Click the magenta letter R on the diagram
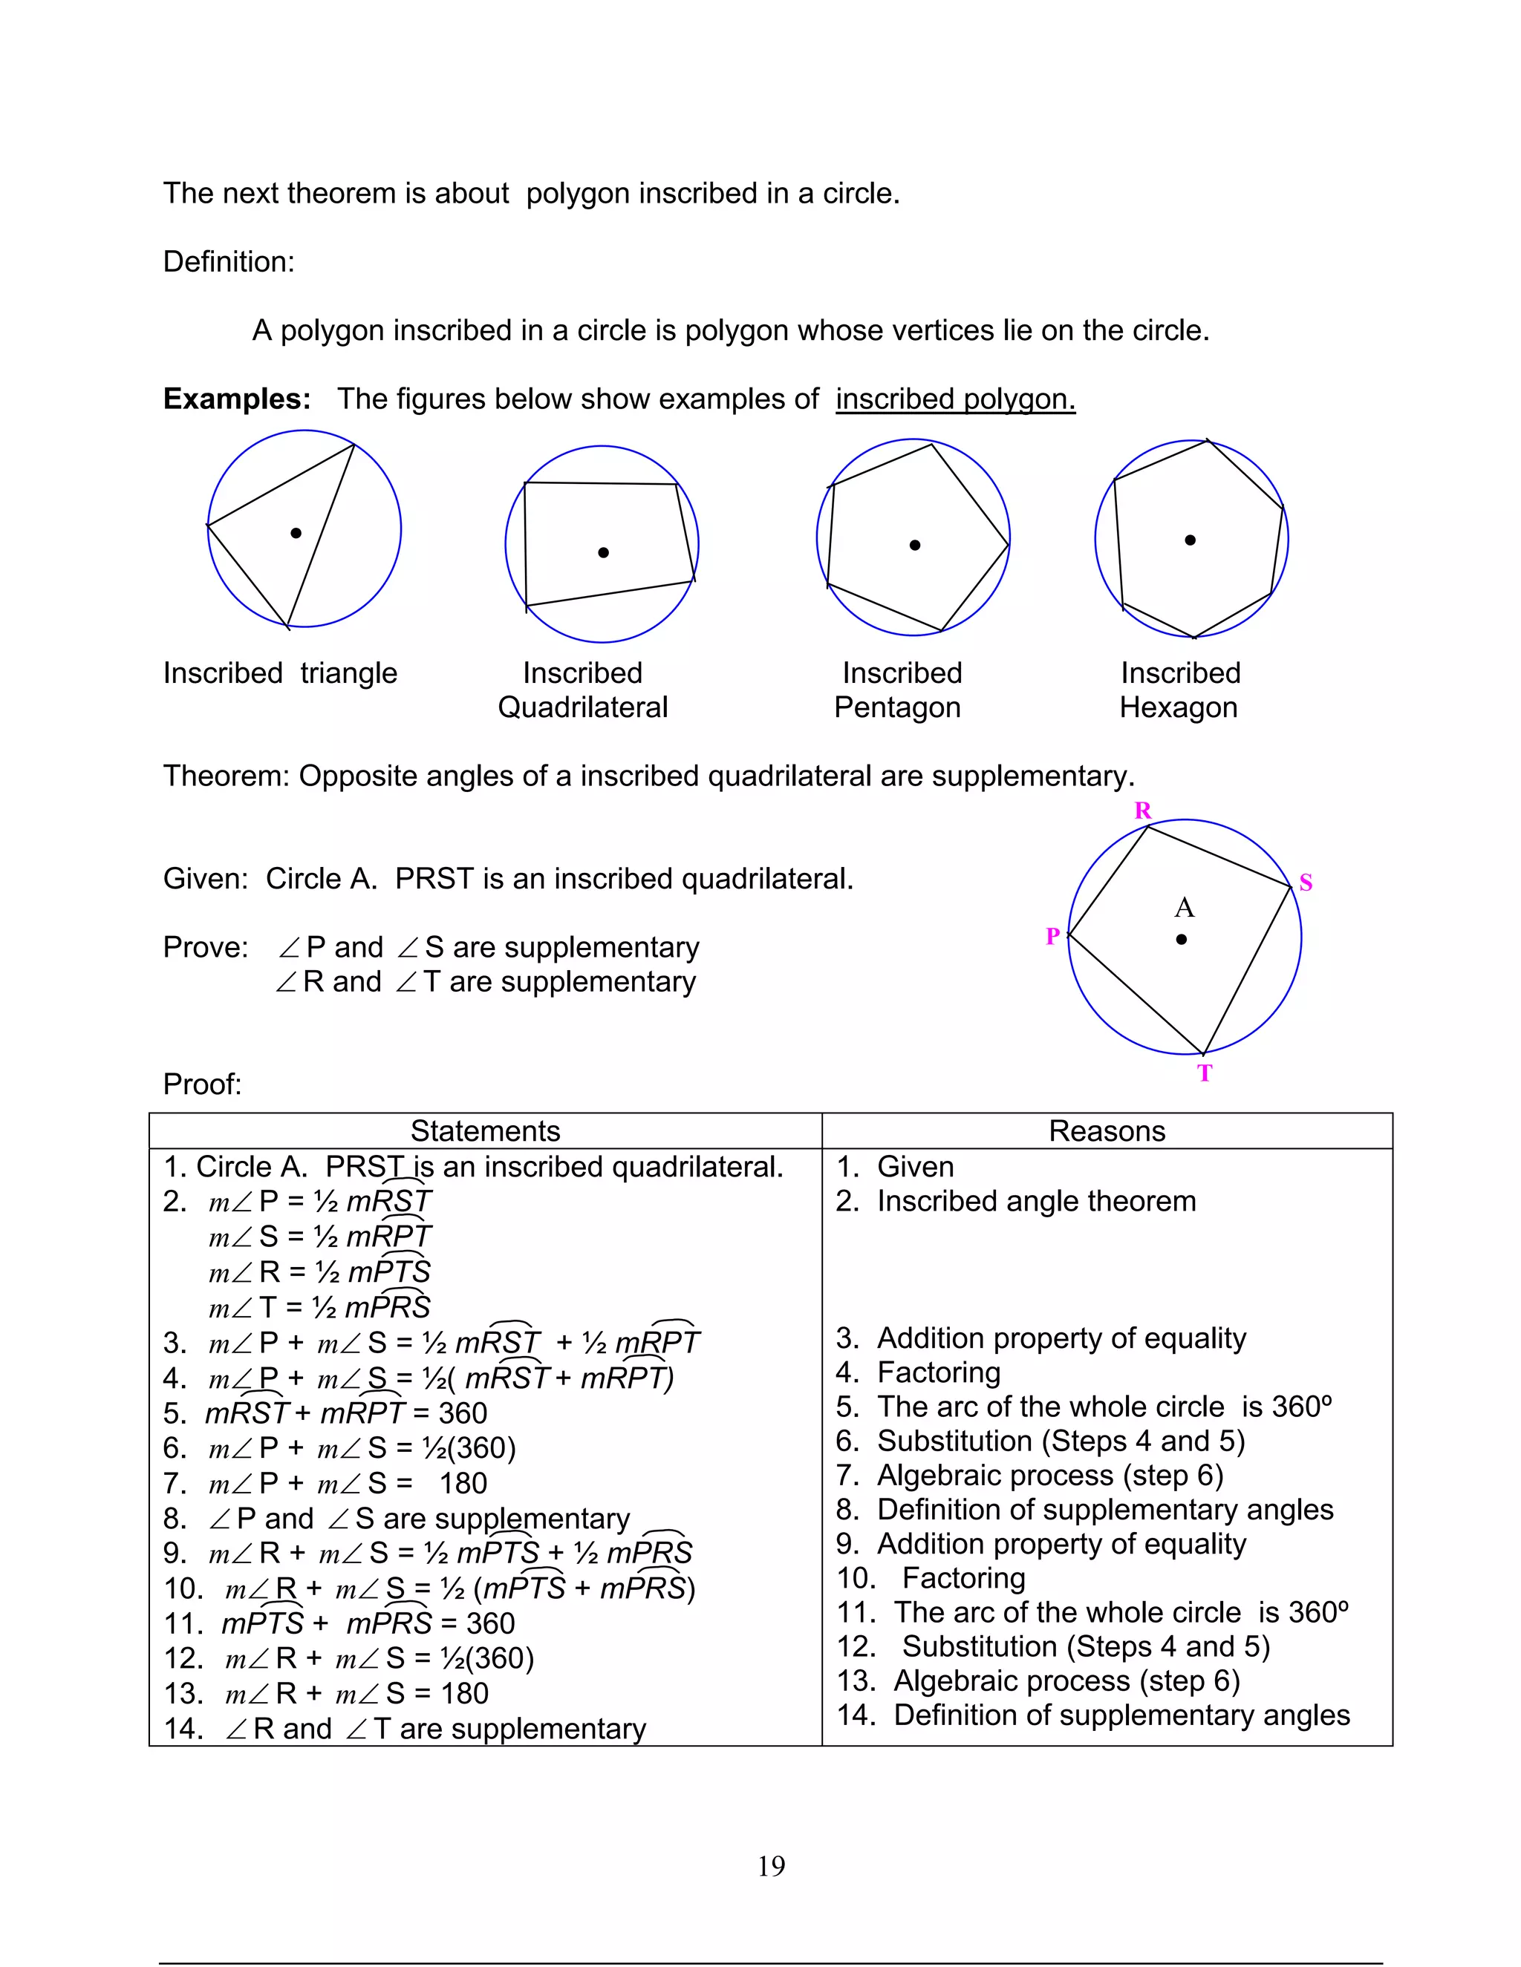(1142, 811)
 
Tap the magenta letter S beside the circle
(1306, 883)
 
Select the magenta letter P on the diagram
(1052, 937)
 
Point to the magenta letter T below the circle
(1205, 1073)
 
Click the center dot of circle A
(1182, 940)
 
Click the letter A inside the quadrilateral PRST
(1184, 908)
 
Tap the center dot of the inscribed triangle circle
(296, 533)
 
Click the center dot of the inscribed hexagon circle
(1191, 540)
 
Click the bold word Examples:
(236, 399)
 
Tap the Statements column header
(485, 1131)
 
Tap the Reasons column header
(1107, 1131)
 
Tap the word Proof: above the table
(202, 1084)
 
